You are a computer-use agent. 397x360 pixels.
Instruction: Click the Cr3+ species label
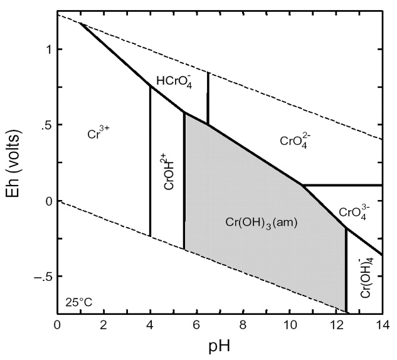98,134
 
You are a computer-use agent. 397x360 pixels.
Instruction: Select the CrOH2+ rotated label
167,176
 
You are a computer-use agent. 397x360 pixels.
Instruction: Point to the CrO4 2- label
295,142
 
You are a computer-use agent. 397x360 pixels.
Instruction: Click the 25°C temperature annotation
78,303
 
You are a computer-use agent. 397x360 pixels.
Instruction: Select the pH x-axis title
219,347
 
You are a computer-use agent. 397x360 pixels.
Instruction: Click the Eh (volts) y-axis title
17,164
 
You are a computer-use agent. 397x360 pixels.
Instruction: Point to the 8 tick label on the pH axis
243,325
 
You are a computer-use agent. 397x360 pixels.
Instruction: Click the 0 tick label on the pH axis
57,325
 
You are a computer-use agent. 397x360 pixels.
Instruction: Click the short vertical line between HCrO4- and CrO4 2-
208,98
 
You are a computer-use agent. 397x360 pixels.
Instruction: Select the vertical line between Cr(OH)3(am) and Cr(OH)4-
346,270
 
